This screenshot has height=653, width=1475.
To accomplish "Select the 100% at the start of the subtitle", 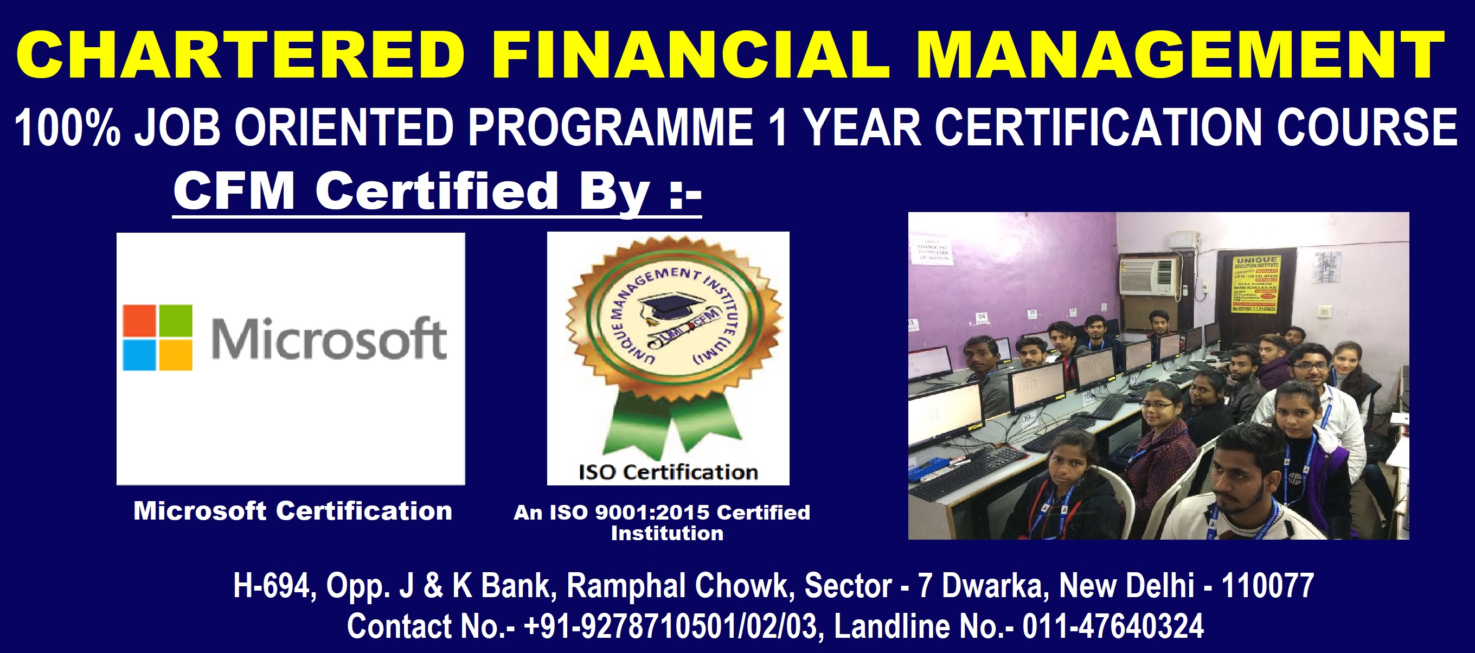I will [x=67, y=128].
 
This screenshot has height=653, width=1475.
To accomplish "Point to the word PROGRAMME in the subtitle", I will [x=610, y=128].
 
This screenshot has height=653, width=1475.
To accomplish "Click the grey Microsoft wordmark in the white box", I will [x=329, y=339].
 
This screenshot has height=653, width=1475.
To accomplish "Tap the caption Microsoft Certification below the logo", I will [x=293, y=511].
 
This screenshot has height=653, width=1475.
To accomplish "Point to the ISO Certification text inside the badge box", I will [x=668, y=472].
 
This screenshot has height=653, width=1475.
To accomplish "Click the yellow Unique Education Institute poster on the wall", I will [x=1256, y=284].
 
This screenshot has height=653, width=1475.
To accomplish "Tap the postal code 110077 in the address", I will [x=1267, y=585].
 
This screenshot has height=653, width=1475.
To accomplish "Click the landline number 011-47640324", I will [x=1113, y=626].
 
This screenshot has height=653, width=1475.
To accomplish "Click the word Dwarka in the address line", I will [x=995, y=585].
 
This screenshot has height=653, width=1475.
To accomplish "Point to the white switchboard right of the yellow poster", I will [x=1324, y=312].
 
